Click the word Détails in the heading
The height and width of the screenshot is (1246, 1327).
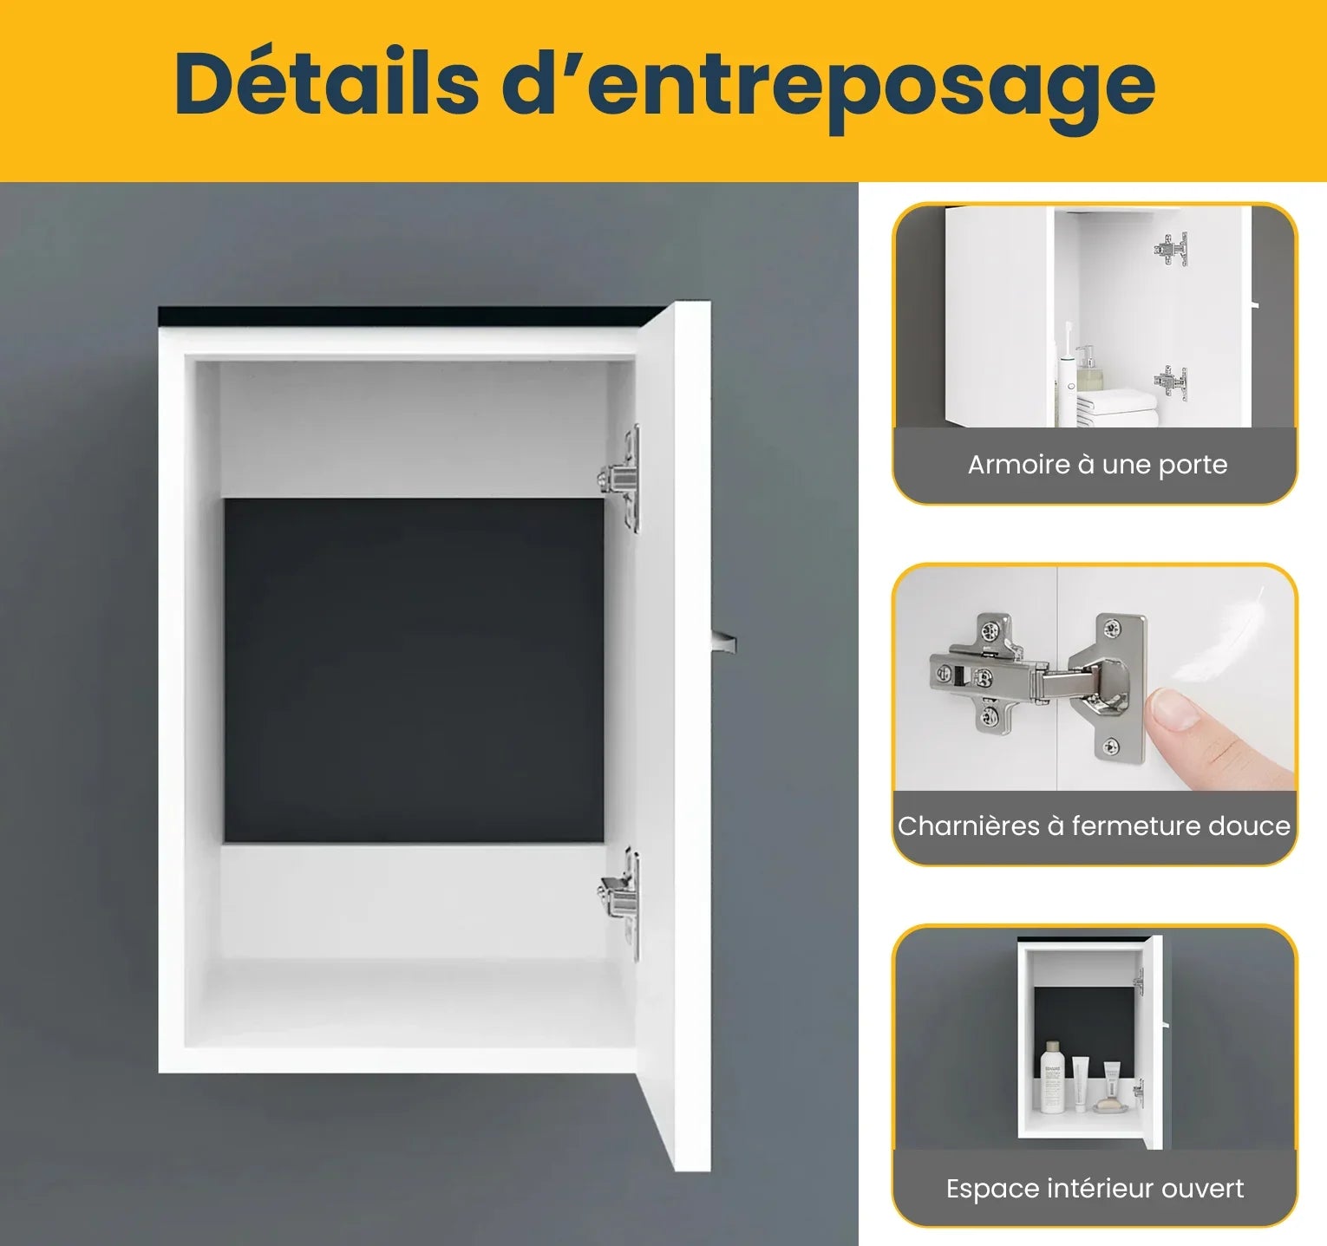[326, 83]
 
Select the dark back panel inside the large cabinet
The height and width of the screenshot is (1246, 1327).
[414, 669]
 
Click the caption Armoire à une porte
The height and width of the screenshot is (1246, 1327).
[1097, 465]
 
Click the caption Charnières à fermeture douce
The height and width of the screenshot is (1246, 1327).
[1094, 825]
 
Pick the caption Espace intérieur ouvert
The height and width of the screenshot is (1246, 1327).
[1095, 1188]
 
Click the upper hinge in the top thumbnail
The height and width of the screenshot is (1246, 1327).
[1172, 250]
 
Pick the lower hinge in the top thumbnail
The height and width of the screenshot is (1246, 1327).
[1171, 381]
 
